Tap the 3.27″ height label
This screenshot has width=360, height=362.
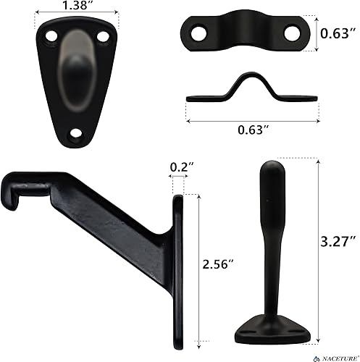click(x=338, y=241)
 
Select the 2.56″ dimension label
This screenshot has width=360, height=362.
click(x=218, y=264)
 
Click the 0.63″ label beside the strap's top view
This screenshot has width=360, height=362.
click(x=338, y=33)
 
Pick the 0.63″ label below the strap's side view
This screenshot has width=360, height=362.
click(x=253, y=130)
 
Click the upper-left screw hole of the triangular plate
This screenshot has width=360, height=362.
click(x=51, y=37)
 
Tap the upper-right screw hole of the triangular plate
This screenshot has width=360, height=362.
click(x=103, y=37)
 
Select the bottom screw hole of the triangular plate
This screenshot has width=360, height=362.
click(x=76, y=133)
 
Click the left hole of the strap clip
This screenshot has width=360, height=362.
click(x=199, y=33)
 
